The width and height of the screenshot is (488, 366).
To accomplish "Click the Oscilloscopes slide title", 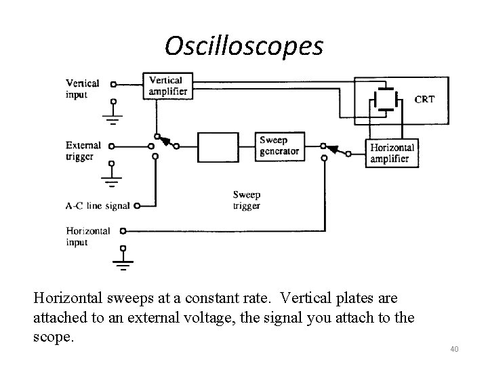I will pos(244,45).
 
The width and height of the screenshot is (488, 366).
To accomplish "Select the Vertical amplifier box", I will pos(165,85).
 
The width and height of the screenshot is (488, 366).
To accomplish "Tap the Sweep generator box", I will pos(279,146).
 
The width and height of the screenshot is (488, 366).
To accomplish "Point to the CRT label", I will pos(425,100).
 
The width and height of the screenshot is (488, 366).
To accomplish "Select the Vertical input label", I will pos(82,89).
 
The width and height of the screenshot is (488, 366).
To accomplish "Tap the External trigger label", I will pos(83,150).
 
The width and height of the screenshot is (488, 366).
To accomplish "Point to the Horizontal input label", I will pos(88,237).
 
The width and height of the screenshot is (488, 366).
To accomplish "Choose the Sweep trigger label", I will pos(246,200).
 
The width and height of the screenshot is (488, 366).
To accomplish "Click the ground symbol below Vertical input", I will pos(113,119).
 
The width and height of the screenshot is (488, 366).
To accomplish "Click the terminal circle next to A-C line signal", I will pos(138,205).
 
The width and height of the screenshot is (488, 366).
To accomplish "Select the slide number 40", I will pos(453,349).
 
